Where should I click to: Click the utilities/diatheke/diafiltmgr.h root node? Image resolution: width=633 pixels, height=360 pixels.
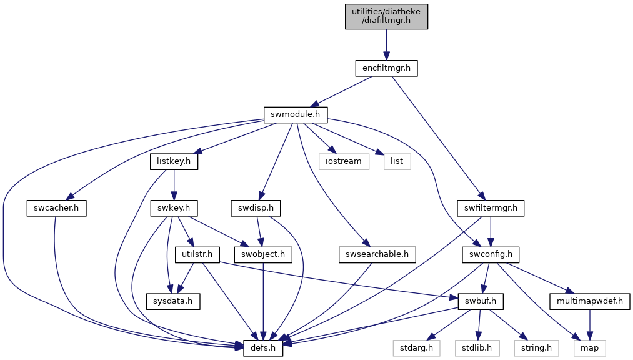[x=386, y=16]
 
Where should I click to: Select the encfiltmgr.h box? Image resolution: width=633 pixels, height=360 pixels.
[x=386, y=68]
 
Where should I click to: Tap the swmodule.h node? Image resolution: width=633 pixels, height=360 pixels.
[x=296, y=114]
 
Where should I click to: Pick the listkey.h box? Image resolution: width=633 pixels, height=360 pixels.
[x=174, y=161]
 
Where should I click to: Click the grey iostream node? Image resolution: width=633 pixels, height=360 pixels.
[x=344, y=161]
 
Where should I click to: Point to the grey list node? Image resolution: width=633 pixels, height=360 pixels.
[x=397, y=161]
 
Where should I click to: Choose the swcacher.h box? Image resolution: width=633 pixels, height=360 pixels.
[x=56, y=208]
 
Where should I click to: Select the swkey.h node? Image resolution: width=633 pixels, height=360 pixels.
[x=174, y=208]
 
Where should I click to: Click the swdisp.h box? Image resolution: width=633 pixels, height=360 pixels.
[x=256, y=208]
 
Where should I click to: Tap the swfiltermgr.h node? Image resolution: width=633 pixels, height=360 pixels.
[x=491, y=208]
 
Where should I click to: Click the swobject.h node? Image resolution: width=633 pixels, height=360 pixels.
[x=263, y=254]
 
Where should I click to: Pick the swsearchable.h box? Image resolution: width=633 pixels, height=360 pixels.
[x=377, y=254]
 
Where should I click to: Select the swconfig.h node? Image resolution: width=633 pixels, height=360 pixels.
[x=491, y=254]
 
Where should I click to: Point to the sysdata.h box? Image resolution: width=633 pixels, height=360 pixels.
[x=173, y=301]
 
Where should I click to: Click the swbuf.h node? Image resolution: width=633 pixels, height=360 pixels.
[x=481, y=301]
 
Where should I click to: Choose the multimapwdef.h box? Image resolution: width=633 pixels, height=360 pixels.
[x=590, y=301]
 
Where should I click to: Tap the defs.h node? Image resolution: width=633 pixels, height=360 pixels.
[x=263, y=348]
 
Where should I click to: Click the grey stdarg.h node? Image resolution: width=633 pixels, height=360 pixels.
[x=417, y=348]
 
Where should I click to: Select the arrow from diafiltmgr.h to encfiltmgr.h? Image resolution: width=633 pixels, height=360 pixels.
[x=386, y=44]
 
